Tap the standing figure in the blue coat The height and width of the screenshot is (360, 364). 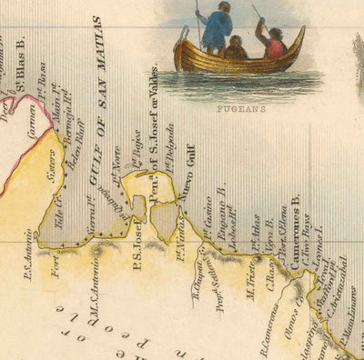tap(217, 29)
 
